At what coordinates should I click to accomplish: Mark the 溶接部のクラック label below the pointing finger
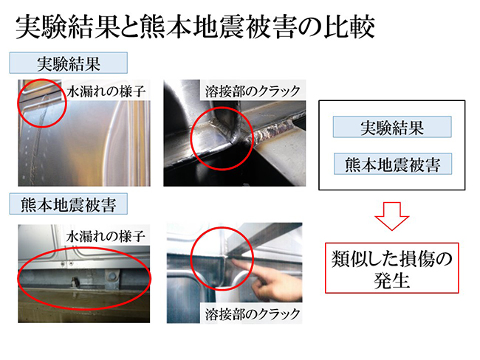(x=252, y=314)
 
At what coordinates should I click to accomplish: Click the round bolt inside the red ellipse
(x=112, y=275)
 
